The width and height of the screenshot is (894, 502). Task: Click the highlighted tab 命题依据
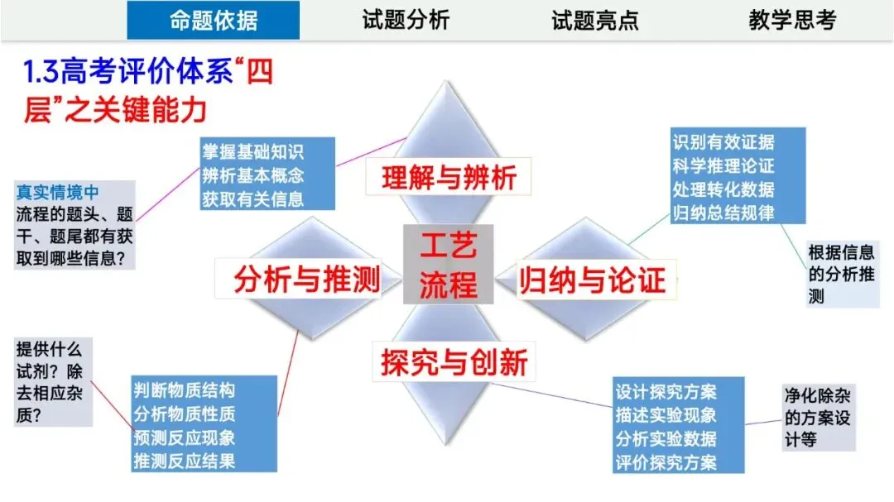click(213, 21)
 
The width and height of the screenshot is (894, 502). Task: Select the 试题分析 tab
click(406, 21)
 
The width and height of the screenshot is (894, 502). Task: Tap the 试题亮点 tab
click(595, 21)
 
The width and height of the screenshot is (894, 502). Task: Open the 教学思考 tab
click(792, 21)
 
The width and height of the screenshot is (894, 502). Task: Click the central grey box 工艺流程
click(448, 264)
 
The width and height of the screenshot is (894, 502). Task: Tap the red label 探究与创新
click(454, 362)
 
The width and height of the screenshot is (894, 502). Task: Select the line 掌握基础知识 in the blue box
click(252, 152)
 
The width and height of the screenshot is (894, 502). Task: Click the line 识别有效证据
click(724, 141)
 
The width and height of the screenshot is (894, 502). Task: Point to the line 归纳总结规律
click(724, 212)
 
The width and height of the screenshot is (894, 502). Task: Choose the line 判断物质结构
click(185, 390)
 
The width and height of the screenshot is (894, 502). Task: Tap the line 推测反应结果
click(185, 461)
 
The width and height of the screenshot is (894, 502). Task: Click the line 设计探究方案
click(666, 390)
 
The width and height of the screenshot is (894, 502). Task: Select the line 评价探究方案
click(666, 462)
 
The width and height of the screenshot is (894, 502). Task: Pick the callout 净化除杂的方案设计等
click(818, 417)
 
